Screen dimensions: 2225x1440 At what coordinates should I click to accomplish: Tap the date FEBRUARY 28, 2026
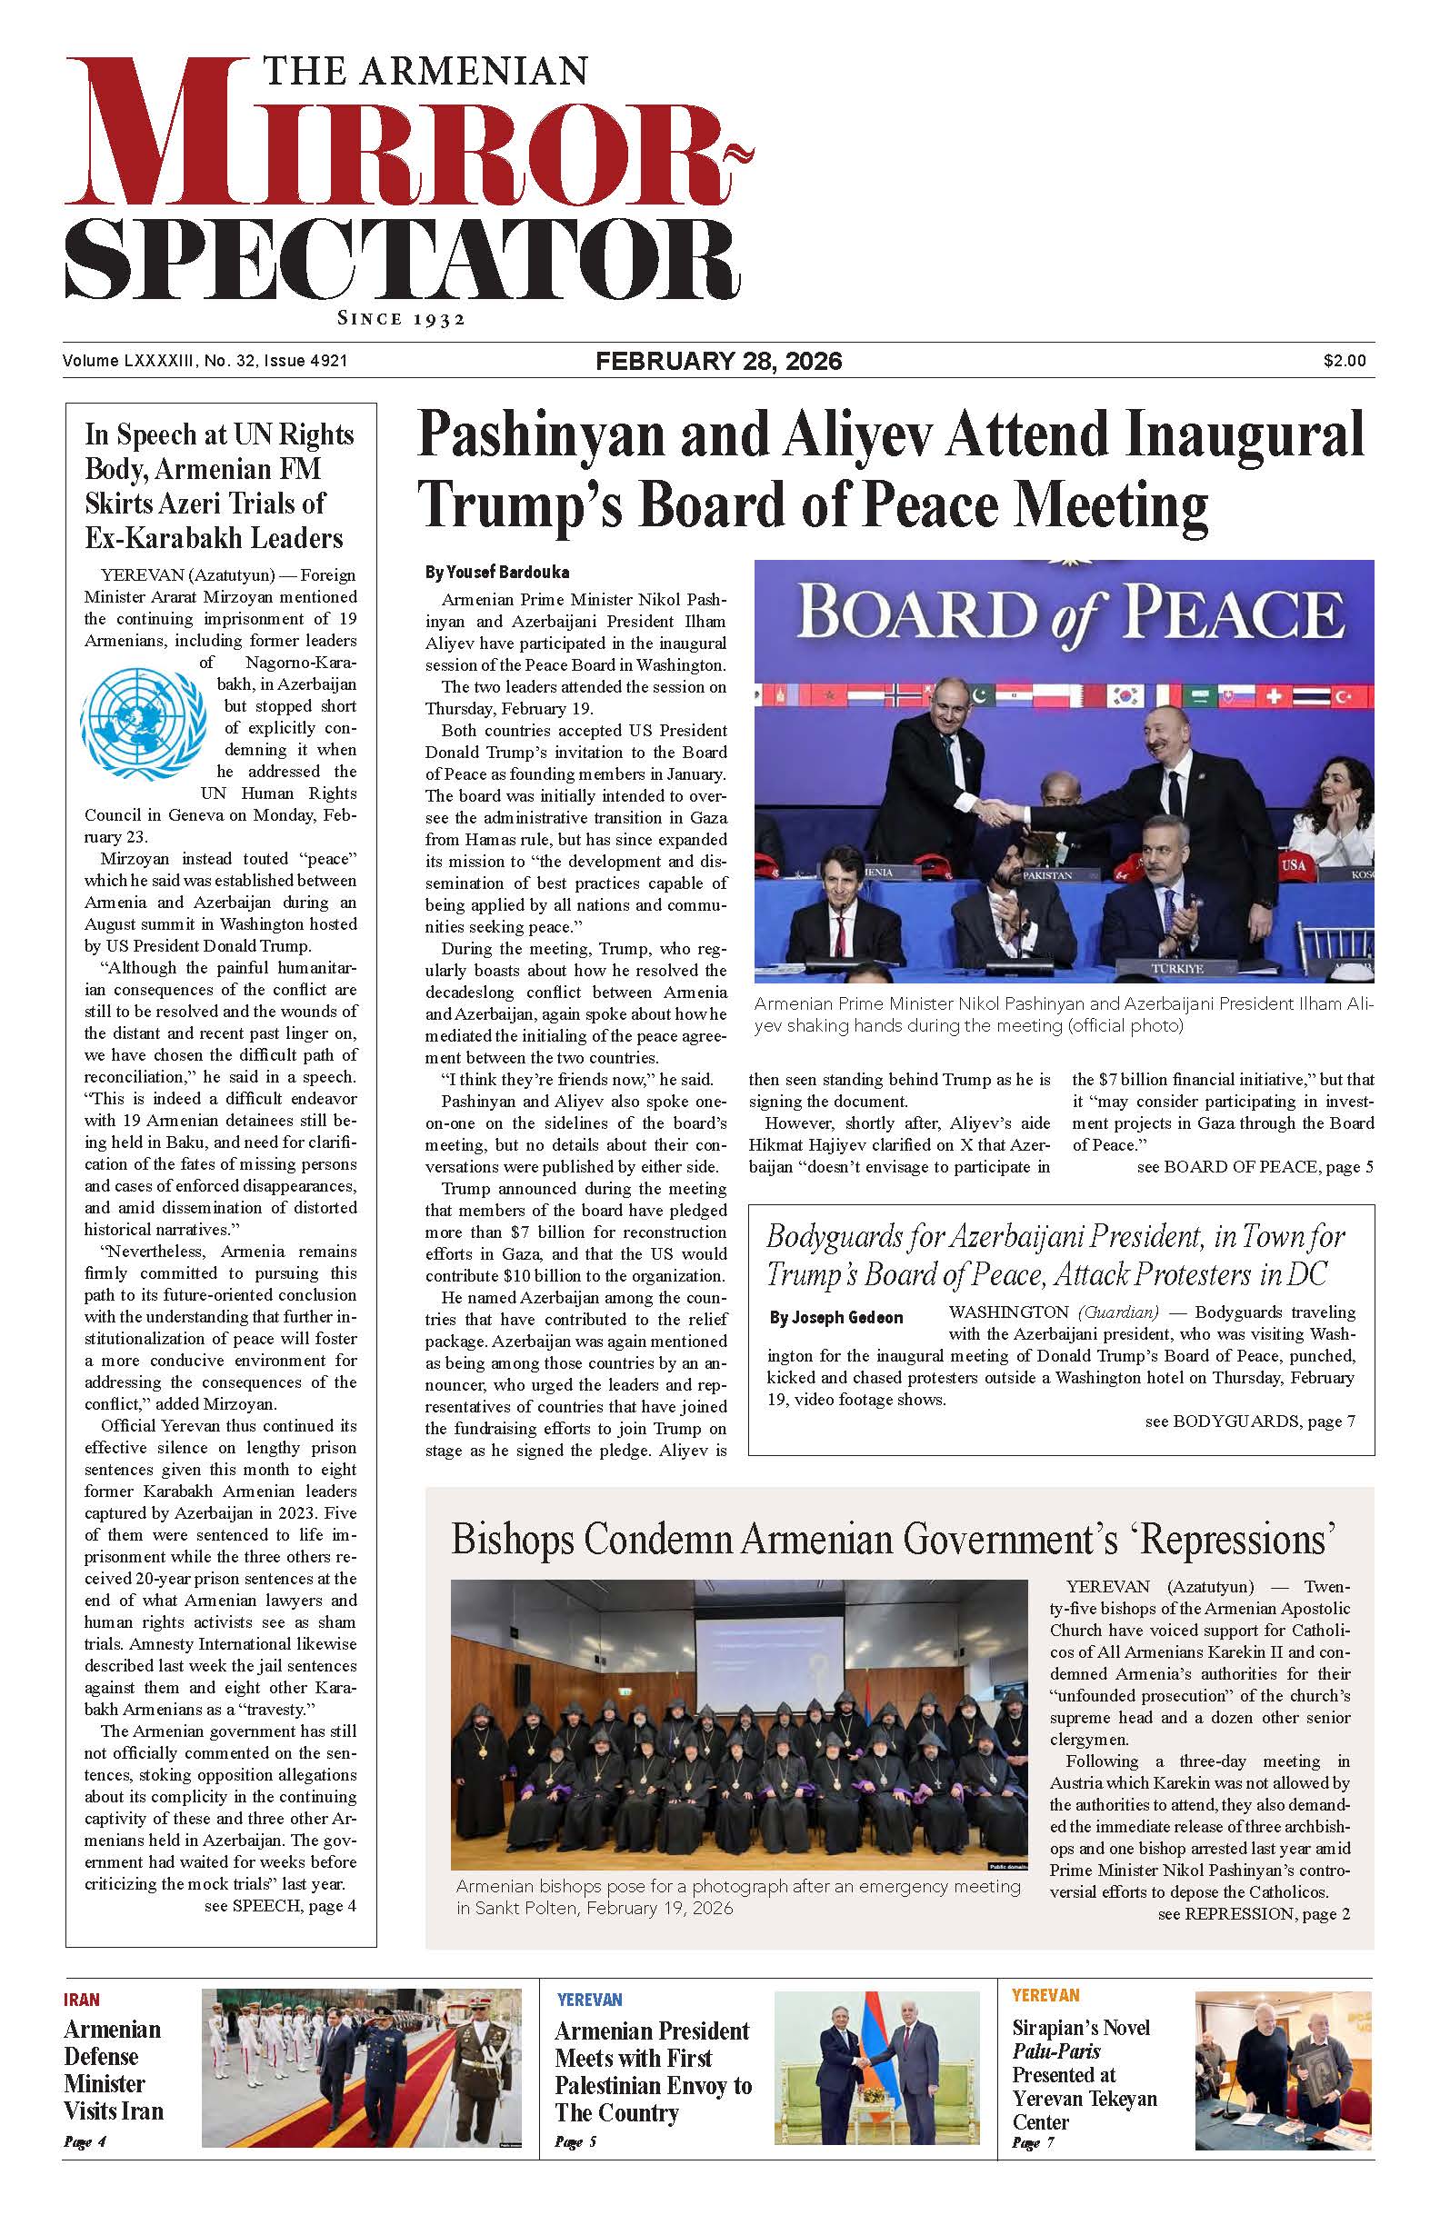(719, 362)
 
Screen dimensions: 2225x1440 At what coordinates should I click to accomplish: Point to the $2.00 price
(1344, 361)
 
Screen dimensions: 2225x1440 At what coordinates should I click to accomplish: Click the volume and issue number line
(205, 361)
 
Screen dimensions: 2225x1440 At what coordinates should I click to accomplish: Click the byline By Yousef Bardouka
(497, 572)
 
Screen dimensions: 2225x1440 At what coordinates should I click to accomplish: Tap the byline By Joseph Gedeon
(836, 1318)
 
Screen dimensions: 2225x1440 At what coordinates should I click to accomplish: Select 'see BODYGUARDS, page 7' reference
(1249, 1422)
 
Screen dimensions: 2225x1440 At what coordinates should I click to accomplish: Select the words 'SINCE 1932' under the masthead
(401, 319)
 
